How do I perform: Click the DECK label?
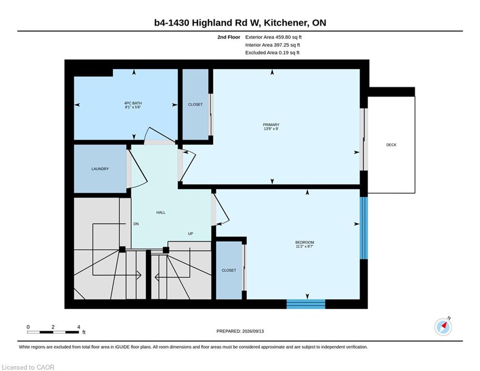click(x=391, y=145)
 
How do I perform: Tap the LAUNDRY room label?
click(x=100, y=169)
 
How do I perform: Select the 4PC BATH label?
click(x=133, y=103)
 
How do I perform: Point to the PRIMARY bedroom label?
click(x=271, y=125)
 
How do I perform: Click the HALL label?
click(x=161, y=212)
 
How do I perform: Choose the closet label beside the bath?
click(x=195, y=104)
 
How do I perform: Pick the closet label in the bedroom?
click(x=229, y=270)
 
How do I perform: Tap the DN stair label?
click(x=136, y=224)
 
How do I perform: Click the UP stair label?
click(x=191, y=234)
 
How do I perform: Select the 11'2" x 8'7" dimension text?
click(x=304, y=246)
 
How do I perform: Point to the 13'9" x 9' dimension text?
click(x=271, y=129)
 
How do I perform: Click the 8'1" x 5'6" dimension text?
click(x=133, y=107)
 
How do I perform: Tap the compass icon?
click(x=443, y=327)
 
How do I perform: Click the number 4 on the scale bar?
click(x=79, y=327)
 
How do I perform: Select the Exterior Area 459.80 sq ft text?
click(x=274, y=37)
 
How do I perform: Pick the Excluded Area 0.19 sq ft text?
click(x=273, y=53)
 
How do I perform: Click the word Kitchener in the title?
click(x=286, y=23)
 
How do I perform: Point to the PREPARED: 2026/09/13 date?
click(x=240, y=331)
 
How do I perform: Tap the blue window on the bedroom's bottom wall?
click(x=306, y=304)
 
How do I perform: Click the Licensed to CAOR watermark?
click(x=28, y=367)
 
